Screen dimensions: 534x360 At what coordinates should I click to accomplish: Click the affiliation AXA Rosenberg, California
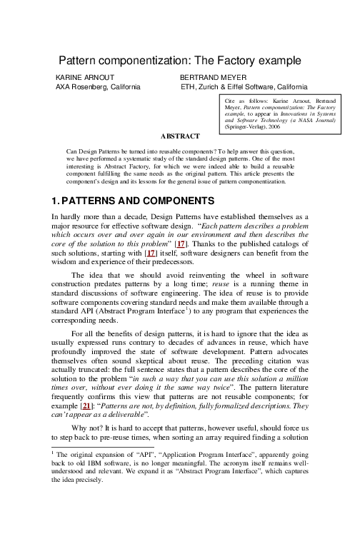coord(98,86)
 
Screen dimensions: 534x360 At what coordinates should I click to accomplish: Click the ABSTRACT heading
coord(180,136)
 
